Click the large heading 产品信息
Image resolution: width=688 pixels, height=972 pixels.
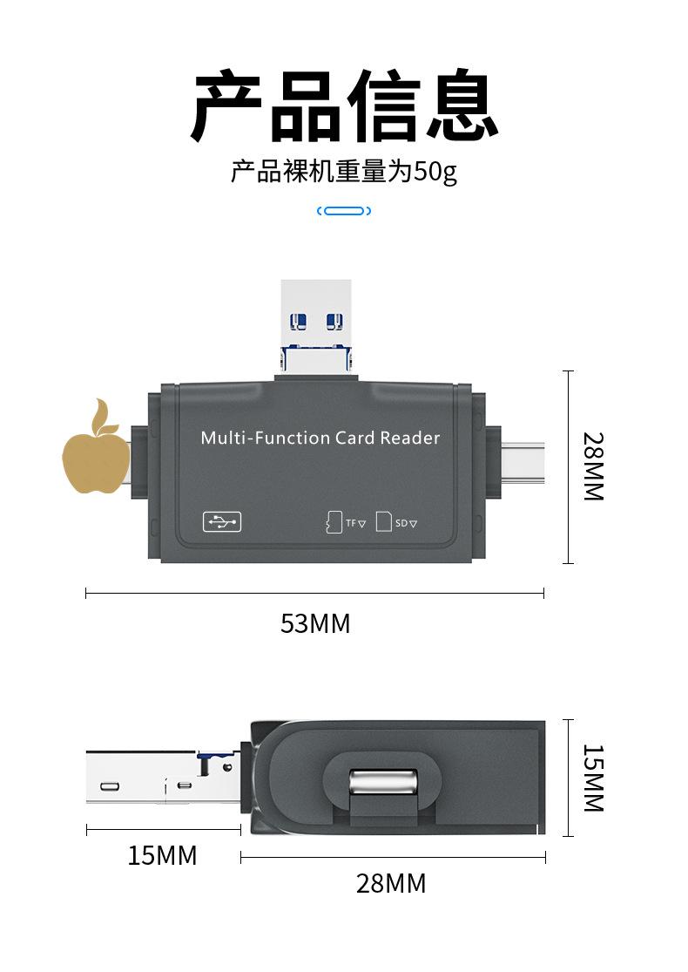coord(344,108)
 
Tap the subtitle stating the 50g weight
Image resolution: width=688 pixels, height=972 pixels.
coord(343,172)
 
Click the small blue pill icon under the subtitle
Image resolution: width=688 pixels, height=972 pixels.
coord(344,211)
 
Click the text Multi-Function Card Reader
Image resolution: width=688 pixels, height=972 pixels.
coord(320,438)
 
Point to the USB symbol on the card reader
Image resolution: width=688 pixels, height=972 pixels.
coord(222,522)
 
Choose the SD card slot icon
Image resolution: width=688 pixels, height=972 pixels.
coord(384,521)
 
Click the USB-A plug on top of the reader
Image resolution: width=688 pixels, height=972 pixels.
coord(316,314)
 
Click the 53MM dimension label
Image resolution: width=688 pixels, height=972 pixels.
coord(314,624)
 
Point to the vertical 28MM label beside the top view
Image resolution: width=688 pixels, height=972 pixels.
coord(593,466)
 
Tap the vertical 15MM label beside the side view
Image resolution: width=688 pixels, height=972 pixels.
coord(593,778)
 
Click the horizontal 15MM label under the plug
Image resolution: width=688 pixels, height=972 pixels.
coord(163,856)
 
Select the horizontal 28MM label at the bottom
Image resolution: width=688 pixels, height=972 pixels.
coord(391,884)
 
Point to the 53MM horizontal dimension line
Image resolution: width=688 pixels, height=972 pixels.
coord(314,594)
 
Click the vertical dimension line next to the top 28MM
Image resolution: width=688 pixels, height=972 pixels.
coord(569,466)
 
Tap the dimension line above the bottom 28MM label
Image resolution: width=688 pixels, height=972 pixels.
coord(393,858)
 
